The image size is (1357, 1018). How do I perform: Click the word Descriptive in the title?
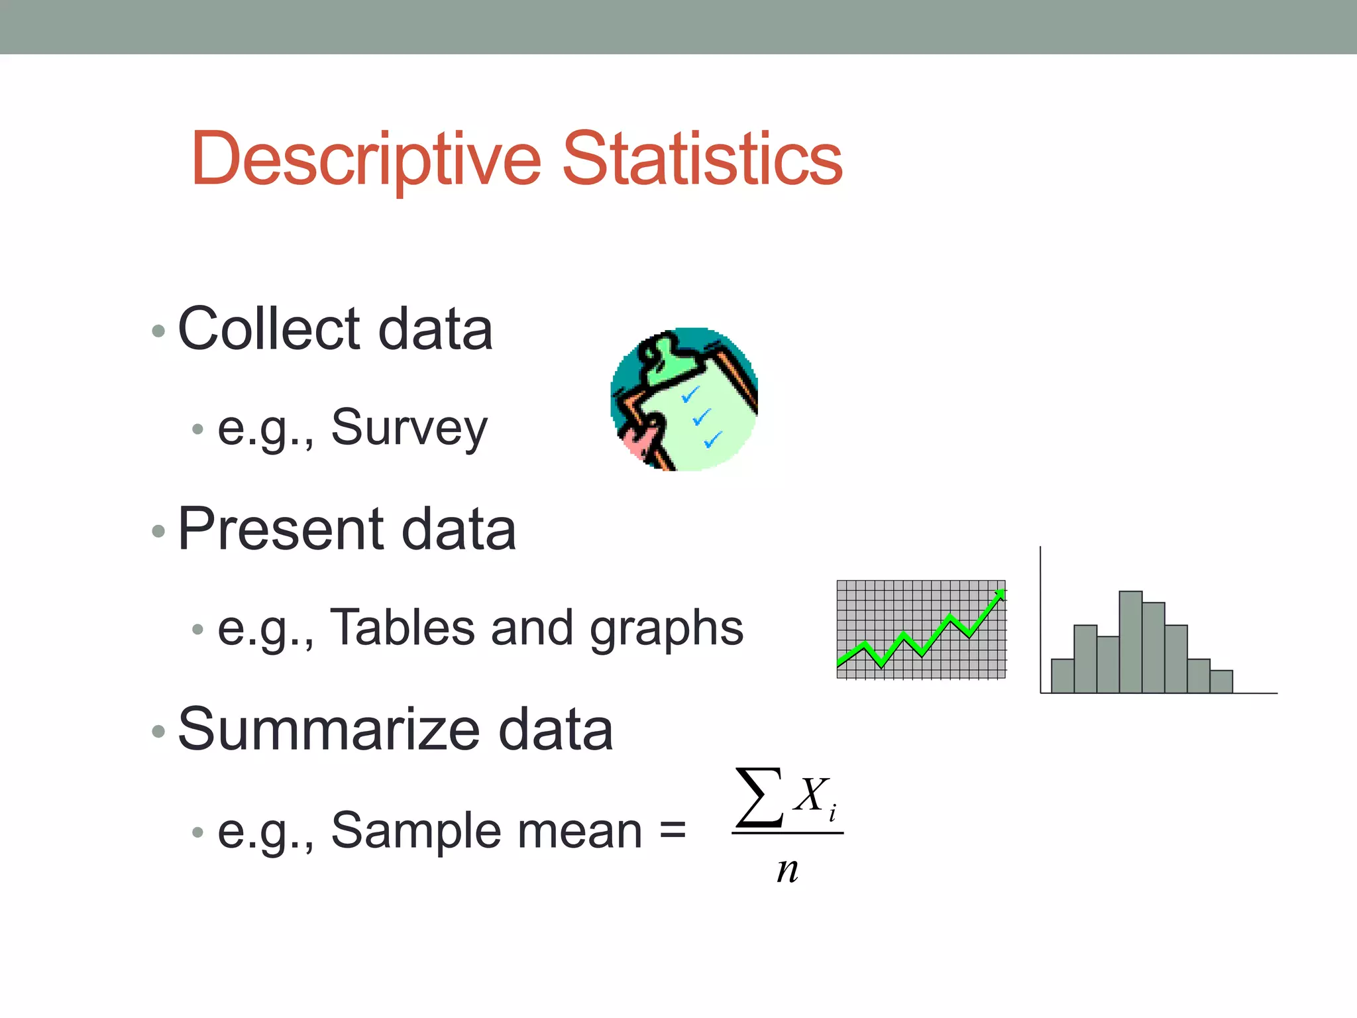[366, 159]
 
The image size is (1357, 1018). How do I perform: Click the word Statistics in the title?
[702, 159]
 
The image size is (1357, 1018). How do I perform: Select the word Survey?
[409, 428]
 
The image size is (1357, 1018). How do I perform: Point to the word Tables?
[402, 627]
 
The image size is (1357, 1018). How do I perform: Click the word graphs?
[667, 630]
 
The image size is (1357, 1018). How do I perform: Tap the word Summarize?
[329, 730]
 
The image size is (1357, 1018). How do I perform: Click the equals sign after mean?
[673, 830]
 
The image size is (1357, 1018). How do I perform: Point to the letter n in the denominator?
[787, 870]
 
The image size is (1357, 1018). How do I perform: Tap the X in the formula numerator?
[810, 795]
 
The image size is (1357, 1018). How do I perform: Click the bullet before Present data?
[158, 531]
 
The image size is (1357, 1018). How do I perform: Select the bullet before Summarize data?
[158, 731]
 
